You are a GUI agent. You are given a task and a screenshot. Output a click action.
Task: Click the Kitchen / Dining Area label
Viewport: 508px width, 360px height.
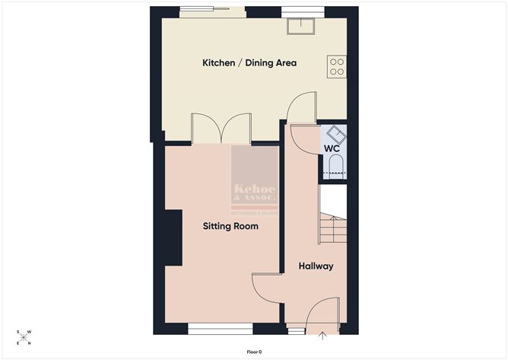[x=249, y=62]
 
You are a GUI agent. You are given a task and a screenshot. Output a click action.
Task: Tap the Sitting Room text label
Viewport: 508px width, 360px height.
[x=230, y=226]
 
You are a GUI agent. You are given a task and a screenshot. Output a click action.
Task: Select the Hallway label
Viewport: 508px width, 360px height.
[x=316, y=266]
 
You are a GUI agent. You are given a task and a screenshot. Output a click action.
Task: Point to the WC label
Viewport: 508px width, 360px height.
[x=332, y=148]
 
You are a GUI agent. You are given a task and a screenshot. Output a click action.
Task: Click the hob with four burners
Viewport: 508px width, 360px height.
[x=337, y=67]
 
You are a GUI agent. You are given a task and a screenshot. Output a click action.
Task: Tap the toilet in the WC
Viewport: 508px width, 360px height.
[x=335, y=167]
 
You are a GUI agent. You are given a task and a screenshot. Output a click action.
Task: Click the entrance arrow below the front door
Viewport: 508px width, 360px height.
[x=322, y=335]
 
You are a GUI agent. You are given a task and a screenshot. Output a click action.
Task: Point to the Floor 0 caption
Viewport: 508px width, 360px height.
[x=254, y=352]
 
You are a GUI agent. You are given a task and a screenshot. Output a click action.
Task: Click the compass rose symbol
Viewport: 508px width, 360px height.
[x=24, y=337]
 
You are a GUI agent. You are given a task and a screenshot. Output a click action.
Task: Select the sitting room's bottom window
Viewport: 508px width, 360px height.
[x=221, y=329]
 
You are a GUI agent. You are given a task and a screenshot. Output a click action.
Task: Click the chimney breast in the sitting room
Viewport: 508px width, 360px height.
[x=173, y=238]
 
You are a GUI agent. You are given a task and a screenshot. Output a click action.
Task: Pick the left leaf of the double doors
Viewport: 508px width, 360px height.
[x=205, y=128]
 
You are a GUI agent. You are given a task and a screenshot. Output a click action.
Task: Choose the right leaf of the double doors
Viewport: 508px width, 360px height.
[x=237, y=128]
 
